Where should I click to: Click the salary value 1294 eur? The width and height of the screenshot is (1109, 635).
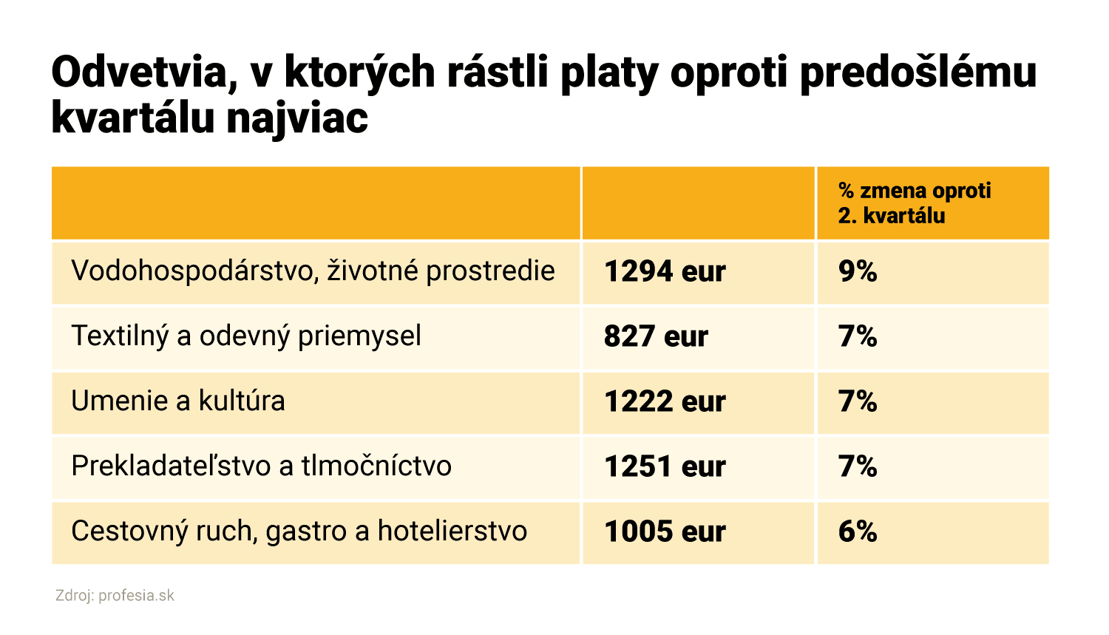pos(665,272)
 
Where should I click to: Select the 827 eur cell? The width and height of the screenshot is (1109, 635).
pos(656,337)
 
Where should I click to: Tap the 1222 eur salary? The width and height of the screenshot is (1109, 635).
pos(665,402)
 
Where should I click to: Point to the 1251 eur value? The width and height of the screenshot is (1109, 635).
pos(665,467)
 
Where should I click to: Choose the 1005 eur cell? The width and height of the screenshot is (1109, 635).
pos(665,532)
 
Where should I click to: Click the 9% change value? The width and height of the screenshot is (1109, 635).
pos(858,272)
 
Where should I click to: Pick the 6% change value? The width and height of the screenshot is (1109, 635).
pos(858,532)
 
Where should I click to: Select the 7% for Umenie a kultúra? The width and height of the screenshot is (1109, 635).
pos(858,402)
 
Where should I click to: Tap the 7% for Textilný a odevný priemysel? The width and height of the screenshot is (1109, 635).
pos(858,337)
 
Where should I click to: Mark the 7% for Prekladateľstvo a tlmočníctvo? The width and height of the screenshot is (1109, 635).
pos(858,467)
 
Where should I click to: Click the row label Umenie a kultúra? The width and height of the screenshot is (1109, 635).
pos(178,401)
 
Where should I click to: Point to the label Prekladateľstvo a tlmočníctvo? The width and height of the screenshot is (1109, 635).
pos(261,466)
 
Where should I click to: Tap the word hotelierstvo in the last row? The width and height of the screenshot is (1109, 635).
pos(452,532)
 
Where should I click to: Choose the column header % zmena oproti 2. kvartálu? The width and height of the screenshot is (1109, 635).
pos(914,203)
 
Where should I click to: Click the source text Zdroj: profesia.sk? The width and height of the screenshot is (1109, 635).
pos(115,596)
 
